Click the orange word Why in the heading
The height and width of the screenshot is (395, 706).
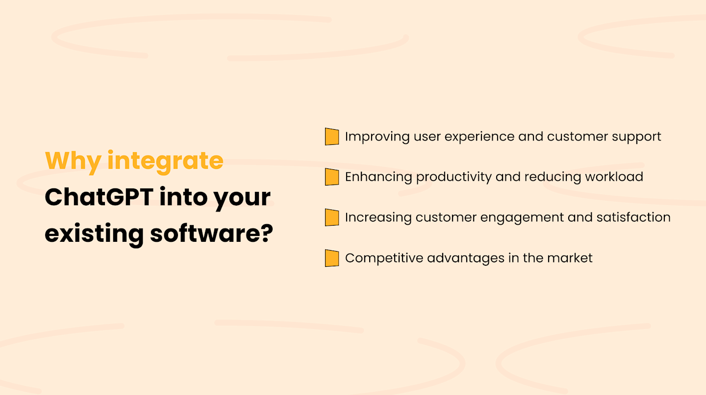(73, 161)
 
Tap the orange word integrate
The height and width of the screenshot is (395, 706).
(165, 161)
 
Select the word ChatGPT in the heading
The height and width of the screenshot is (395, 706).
(97, 197)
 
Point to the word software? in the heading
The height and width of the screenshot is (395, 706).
(211, 233)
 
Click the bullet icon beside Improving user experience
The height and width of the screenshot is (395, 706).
(332, 137)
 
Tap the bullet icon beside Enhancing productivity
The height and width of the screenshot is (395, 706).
(332, 177)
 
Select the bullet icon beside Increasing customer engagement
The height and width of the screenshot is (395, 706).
(332, 217)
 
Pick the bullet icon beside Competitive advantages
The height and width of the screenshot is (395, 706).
(332, 258)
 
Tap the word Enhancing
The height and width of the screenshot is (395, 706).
(378, 177)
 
